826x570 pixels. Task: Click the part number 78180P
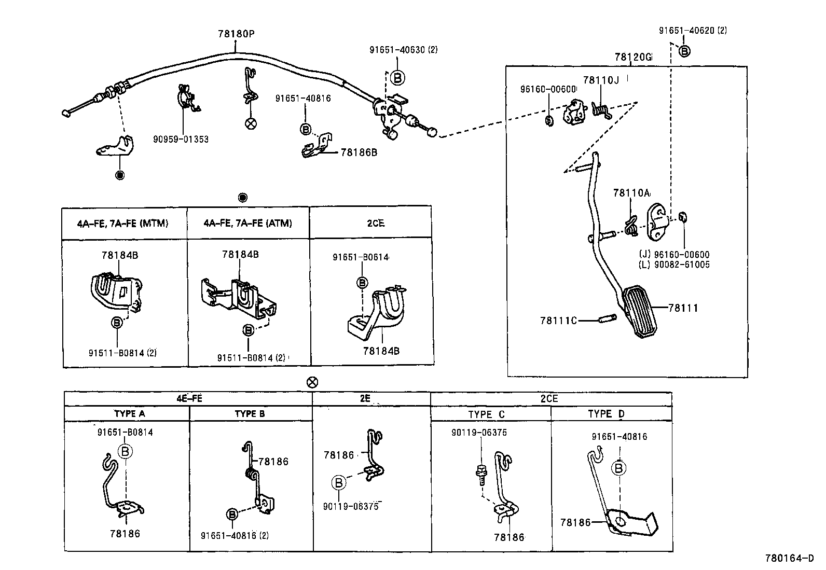point(236,34)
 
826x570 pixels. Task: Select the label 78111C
point(558,321)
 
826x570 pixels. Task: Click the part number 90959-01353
point(181,139)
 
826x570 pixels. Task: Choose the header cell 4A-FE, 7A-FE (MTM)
point(123,224)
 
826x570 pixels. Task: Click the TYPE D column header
point(606,414)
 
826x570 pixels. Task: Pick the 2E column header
point(365,399)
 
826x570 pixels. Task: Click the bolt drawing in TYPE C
point(480,474)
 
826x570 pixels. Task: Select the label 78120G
point(632,57)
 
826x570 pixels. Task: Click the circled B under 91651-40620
point(684,51)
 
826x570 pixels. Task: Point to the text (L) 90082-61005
point(674,265)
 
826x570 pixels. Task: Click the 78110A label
point(631,193)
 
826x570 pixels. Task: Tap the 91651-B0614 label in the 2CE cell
point(361,257)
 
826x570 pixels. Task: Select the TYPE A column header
point(129,414)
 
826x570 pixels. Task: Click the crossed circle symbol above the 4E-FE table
point(312,383)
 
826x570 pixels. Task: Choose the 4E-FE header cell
point(188,399)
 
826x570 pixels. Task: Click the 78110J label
point(601,80)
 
